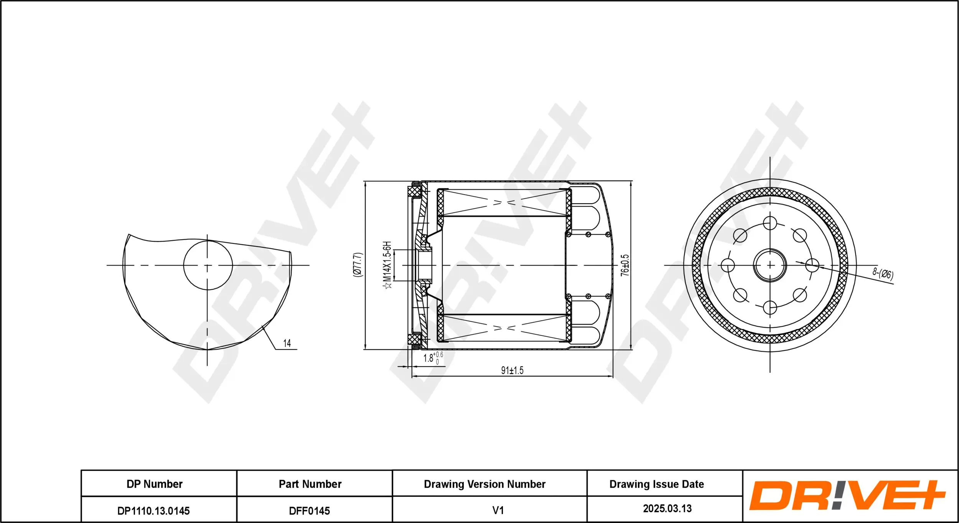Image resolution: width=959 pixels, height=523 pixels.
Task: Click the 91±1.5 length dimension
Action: pyautogui.click(x=512, y=370)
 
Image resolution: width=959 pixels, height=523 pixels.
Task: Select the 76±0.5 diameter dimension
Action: pyautogui.click(x=625, y=265)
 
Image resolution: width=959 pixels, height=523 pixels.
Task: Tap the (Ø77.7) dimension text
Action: pyautogui.click(x=357, y=265)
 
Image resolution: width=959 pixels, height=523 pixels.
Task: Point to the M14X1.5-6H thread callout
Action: pyautogui.click(x=387, y=265)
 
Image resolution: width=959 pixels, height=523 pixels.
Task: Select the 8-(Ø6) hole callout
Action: pyautogui.click(x=883, y=274)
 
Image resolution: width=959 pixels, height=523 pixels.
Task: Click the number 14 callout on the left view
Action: pyautogui.click(x=287, y=343)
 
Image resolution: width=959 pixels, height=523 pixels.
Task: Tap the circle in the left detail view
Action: pyautogui.click(x=208, y=265)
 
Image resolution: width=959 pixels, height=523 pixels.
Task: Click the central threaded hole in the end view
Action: pyautogui.click(x=770, y=265)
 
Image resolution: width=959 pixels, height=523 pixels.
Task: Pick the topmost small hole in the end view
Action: pyautogui.click(x=770, y=223)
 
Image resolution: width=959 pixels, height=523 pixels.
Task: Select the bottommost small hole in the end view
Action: pyautogui.click(x=770, y=307)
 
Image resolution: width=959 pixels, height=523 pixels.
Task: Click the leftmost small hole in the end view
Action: pyautogui.click(x=728, y=265)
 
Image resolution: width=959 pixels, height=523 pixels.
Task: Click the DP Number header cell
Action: pyautogui.click(x=155, y=484)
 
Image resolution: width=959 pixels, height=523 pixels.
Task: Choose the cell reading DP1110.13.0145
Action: pyautogui.click(x=153, y=510)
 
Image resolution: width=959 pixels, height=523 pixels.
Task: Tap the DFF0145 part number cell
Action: pyautogui.click(x=310, y=510)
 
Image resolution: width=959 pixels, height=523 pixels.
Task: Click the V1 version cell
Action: pyautogui.click(x=498, y=510)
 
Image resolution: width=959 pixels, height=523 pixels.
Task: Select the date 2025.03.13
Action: pyautogui.click(x=667, y=508)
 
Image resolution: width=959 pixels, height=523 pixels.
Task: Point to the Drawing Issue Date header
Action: pyautogui.click(x=656, y=484)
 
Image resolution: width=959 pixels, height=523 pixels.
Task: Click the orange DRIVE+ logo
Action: pyautogui.click(x=847, y=495)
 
